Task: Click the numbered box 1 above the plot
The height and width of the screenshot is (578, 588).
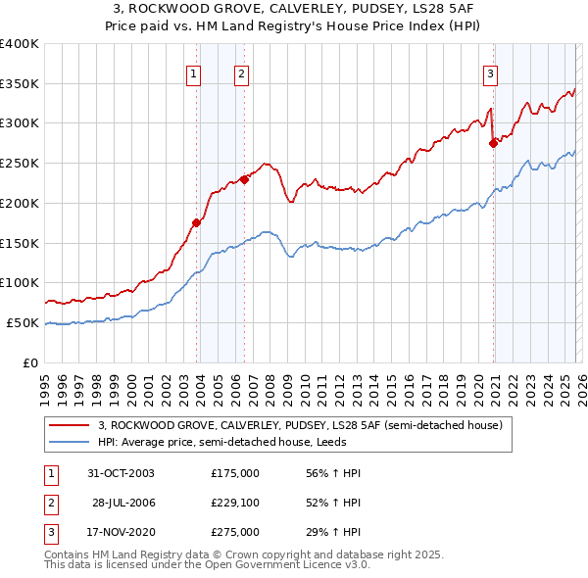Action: pos(193,73)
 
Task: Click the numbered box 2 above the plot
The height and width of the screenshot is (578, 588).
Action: pos(241,73)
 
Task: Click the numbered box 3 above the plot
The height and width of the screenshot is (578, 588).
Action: pos(490,73)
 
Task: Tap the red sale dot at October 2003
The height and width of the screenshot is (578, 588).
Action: pos(197,222)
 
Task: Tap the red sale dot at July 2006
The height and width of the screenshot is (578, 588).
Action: pos(244,179)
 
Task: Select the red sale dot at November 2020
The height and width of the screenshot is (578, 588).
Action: pos(493,143)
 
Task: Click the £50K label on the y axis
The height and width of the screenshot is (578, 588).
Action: pos(24,322)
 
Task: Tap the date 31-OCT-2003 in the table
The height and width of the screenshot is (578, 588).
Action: pos(122,473)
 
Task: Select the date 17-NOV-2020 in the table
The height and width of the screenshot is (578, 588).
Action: pos(122,532)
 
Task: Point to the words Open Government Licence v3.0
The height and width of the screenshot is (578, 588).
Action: pos(285,565)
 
